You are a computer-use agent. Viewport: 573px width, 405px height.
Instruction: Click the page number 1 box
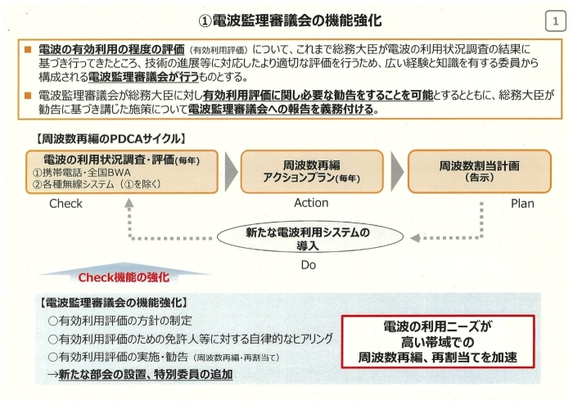click(x=555, y=20)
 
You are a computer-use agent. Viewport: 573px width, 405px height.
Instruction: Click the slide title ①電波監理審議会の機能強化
click(x=290, y=20)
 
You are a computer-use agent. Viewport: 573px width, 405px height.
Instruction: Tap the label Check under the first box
click(x=65, y=204)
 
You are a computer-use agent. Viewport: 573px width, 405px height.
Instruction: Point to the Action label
click(x=311, y=203)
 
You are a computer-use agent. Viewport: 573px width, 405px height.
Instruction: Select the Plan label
click(x=522, y=204)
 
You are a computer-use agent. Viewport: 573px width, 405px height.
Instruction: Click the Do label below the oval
click(x=308, y=265)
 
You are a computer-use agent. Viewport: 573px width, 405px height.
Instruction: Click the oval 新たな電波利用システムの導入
click(x=310, y=237)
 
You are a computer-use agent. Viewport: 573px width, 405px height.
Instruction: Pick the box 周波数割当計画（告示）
click(x=479, y=171)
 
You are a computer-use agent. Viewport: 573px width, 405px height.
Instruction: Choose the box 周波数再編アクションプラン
click(x=312, y=171)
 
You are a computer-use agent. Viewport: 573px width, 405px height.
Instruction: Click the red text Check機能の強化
click(x=124, y=277)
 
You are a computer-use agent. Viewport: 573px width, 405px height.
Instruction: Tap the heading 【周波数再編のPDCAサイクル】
click(x=111, y=139)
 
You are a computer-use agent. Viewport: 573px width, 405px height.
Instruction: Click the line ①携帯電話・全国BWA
click(x=82, y=173)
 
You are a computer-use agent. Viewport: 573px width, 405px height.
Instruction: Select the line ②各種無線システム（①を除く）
click(x=97, y=184)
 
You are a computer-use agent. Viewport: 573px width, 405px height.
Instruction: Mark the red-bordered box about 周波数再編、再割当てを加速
click(x=438, y=341)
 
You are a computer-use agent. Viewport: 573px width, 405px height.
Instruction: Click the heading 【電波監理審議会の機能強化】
click(x=113, y=303)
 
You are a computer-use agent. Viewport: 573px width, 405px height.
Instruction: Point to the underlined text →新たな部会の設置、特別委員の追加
click(x=140, y=375)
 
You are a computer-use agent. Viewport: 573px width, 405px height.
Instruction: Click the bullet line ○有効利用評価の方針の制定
click(x=120, y=321)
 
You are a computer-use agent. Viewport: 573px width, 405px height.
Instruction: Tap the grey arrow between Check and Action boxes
click(x=231, y=171)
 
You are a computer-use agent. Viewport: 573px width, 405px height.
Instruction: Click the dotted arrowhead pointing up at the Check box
click(x=129, y=203)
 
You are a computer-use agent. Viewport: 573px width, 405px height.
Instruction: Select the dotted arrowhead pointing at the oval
click(x=415, y=238)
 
